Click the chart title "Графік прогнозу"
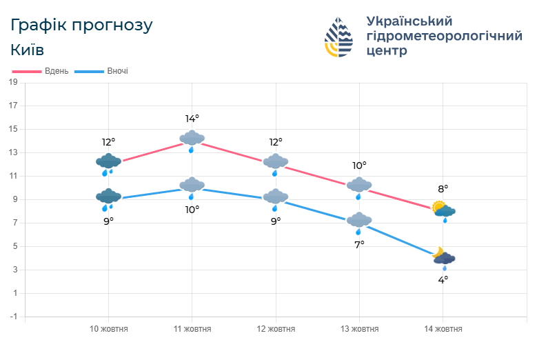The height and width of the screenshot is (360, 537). (x=81, y=26)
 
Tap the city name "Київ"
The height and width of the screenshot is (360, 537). (x=28, y=50)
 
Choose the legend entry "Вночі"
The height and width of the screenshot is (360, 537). (x=117, y=71)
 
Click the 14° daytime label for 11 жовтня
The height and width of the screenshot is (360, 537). (x=192, y=119)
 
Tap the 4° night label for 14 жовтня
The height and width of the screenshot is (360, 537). (x=443, y=279)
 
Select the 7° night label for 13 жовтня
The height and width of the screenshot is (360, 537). (x=359, y=243)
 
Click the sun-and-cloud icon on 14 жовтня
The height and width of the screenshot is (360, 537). (x=443, y=210)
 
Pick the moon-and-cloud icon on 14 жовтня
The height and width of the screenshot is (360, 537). (x=443, y=258)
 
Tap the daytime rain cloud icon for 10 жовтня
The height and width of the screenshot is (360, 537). (x=108, y=163)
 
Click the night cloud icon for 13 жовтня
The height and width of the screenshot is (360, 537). (x=359, y=222)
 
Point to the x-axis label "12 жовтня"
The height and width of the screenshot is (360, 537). (x=276, y=329)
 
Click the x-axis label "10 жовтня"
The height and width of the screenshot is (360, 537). (x=109, y=329)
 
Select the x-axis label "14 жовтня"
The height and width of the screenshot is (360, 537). (x=443, y=329)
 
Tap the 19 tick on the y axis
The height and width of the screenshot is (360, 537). (x=12, y=82)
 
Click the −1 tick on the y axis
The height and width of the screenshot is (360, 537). (x=12, y=317)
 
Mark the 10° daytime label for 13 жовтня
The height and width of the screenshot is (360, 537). (x=359, y=166)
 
